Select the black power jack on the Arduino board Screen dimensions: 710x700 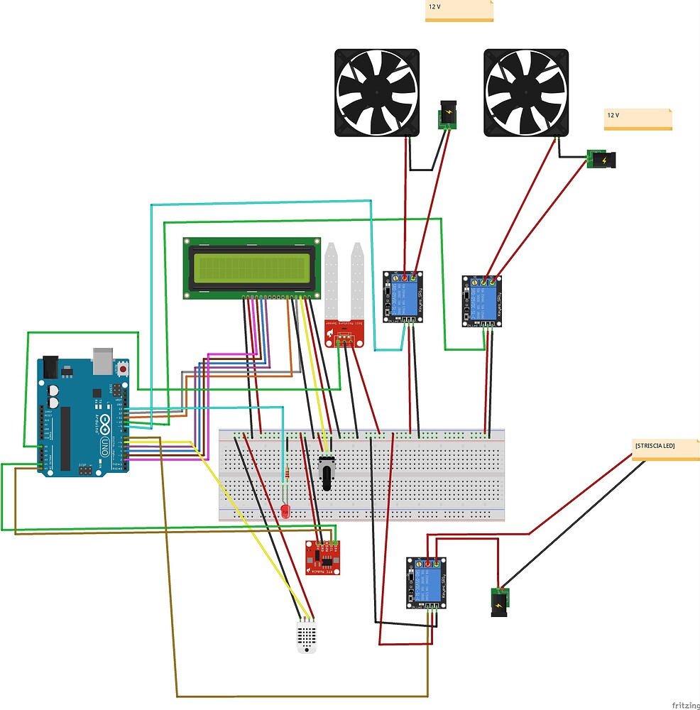50,366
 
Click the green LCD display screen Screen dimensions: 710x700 251,267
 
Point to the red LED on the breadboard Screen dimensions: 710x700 285,510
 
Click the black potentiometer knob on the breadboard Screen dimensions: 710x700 327,474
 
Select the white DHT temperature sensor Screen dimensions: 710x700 307,634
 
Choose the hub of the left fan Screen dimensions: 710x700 376,92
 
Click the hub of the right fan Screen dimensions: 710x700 525,92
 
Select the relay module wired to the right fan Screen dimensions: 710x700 483,301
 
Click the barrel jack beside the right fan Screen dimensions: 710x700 603,160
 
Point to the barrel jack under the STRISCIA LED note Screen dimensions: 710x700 501,601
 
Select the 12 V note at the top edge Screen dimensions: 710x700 459,10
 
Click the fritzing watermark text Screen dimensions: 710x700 684,704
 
